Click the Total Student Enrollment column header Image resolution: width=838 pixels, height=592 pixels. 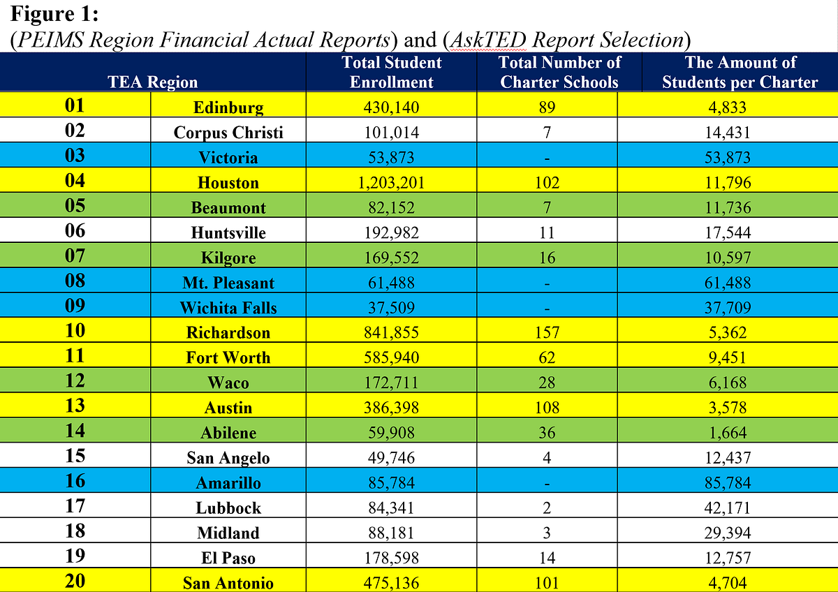click(391, 72)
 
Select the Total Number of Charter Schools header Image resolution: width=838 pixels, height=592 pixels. click(559, 72)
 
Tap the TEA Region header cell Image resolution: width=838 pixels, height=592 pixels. click(153, 82)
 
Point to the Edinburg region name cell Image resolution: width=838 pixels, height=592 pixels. click(228, 108)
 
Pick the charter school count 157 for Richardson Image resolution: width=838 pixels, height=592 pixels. click(547, 332)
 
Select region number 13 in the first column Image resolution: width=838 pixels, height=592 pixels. click(75, 406)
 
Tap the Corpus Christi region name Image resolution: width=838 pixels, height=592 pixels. click(228, 133)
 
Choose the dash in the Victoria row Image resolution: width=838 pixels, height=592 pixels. click(547, 158)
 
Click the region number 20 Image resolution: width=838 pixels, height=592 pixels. click(75, 581)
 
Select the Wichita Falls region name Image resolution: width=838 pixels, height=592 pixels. click(228, 308)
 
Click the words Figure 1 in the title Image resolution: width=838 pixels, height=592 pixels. click(54, 14)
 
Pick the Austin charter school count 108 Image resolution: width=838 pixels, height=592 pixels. click(547, 408)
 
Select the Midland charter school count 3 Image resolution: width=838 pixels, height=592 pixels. click(547, 533)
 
